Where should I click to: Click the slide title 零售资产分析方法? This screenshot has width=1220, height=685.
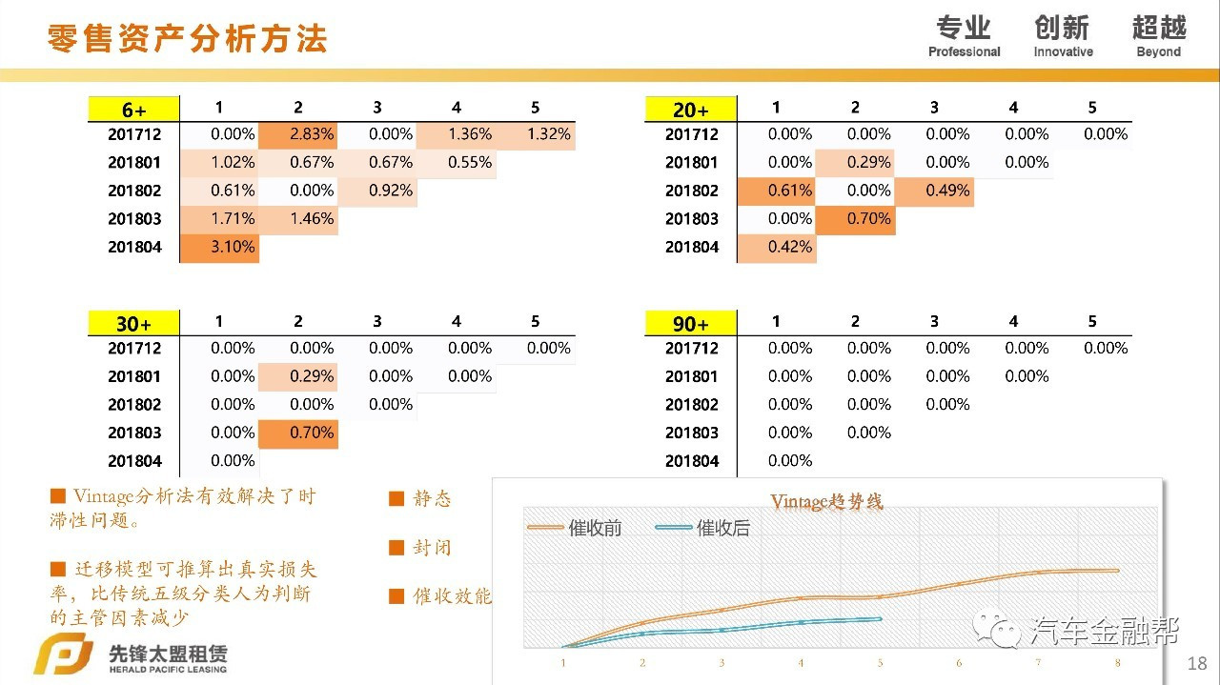tap(187, 38)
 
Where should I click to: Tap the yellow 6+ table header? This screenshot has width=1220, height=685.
tap(133, 110)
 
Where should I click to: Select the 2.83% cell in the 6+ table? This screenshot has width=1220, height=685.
tap(299, 134)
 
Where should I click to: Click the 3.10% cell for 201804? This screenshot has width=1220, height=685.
tap(220, 248)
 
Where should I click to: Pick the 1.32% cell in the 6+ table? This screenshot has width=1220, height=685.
tap(537, 134)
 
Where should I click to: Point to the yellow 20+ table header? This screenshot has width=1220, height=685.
tap(690, 110)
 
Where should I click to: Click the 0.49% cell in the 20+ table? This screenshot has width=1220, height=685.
tap(934, 191)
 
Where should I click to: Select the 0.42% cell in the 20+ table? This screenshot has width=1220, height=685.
tap(777, 248)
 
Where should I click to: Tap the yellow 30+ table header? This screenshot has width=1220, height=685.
tap(133, 323)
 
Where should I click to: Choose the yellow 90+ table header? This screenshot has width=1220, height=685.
tap(690, 323)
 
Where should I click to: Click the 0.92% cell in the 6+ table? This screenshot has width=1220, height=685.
tap(378, 191)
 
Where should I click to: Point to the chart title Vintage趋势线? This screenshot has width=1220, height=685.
tap(826, 501)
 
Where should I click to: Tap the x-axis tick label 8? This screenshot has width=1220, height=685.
tap(1117, 662)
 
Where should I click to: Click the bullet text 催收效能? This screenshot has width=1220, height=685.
tap(452, 596)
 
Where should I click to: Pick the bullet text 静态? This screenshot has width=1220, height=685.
tap(432, 498)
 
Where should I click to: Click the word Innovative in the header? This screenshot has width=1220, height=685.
tap(1063, 52)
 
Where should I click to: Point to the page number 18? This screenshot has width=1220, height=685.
tap(1197, 663)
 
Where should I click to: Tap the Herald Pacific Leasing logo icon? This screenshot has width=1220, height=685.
tap(62, 656)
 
